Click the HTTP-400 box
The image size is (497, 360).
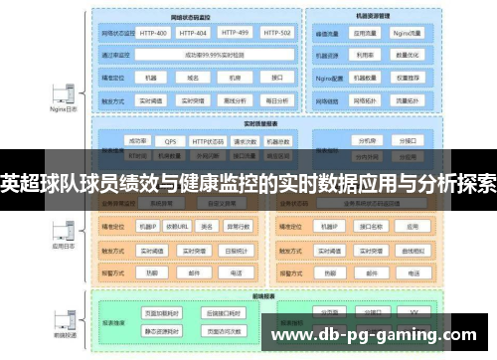click(154, 32)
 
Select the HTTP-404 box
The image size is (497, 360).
click(195, 32)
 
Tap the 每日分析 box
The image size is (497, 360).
click(276, 99)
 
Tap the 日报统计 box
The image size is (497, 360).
click(236, 250)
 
